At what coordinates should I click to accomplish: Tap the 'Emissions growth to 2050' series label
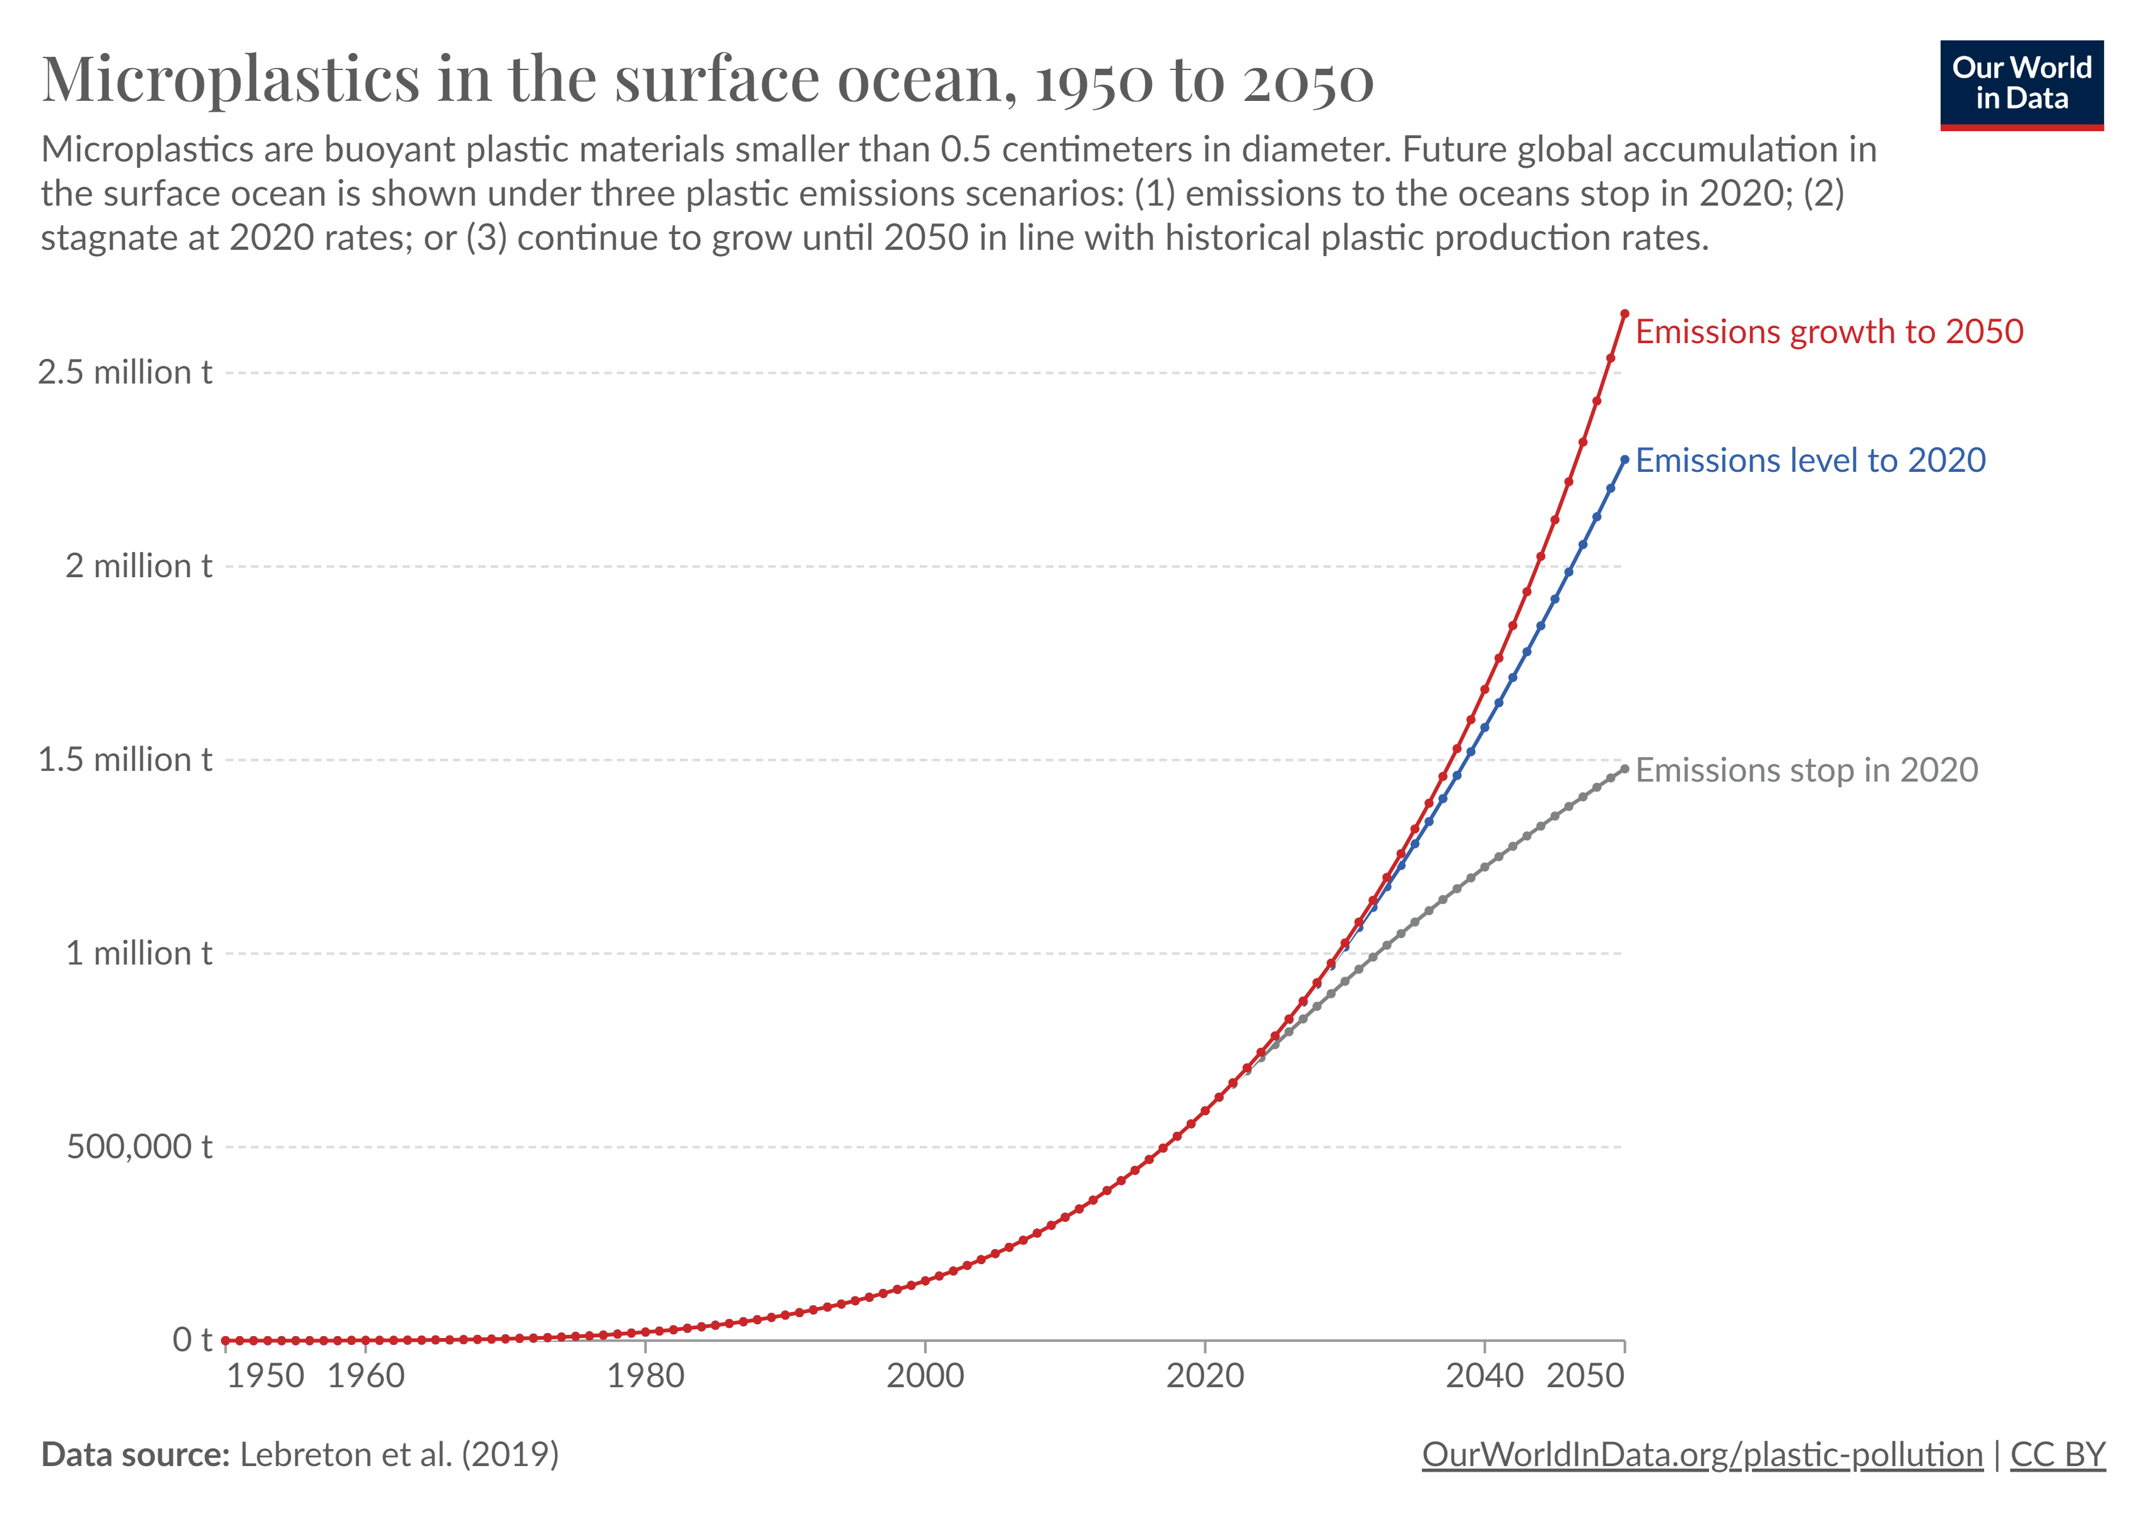pos(1828,332)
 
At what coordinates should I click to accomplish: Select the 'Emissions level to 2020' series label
pos(1809,461)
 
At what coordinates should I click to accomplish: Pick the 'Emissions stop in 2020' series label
pos(1806,770)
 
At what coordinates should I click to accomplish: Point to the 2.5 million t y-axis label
pos(125,373)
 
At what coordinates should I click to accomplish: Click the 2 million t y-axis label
pos(138,566)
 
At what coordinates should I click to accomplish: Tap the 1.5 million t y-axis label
pos(125,760)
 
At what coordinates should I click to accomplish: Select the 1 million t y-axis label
pos(138,954)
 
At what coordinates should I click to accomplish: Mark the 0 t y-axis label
pos(192,1341)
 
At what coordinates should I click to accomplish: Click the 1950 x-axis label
pos(266,1376)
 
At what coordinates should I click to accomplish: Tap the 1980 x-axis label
pos(645,1376)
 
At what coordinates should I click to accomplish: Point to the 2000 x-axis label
pos(925,1376)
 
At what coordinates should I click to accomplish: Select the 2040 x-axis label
pos(1484,1376)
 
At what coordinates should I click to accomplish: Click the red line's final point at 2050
pos(1625,314)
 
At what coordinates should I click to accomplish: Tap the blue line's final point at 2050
pos(1625,459)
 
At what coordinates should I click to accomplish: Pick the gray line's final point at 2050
pos(1625,769)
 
